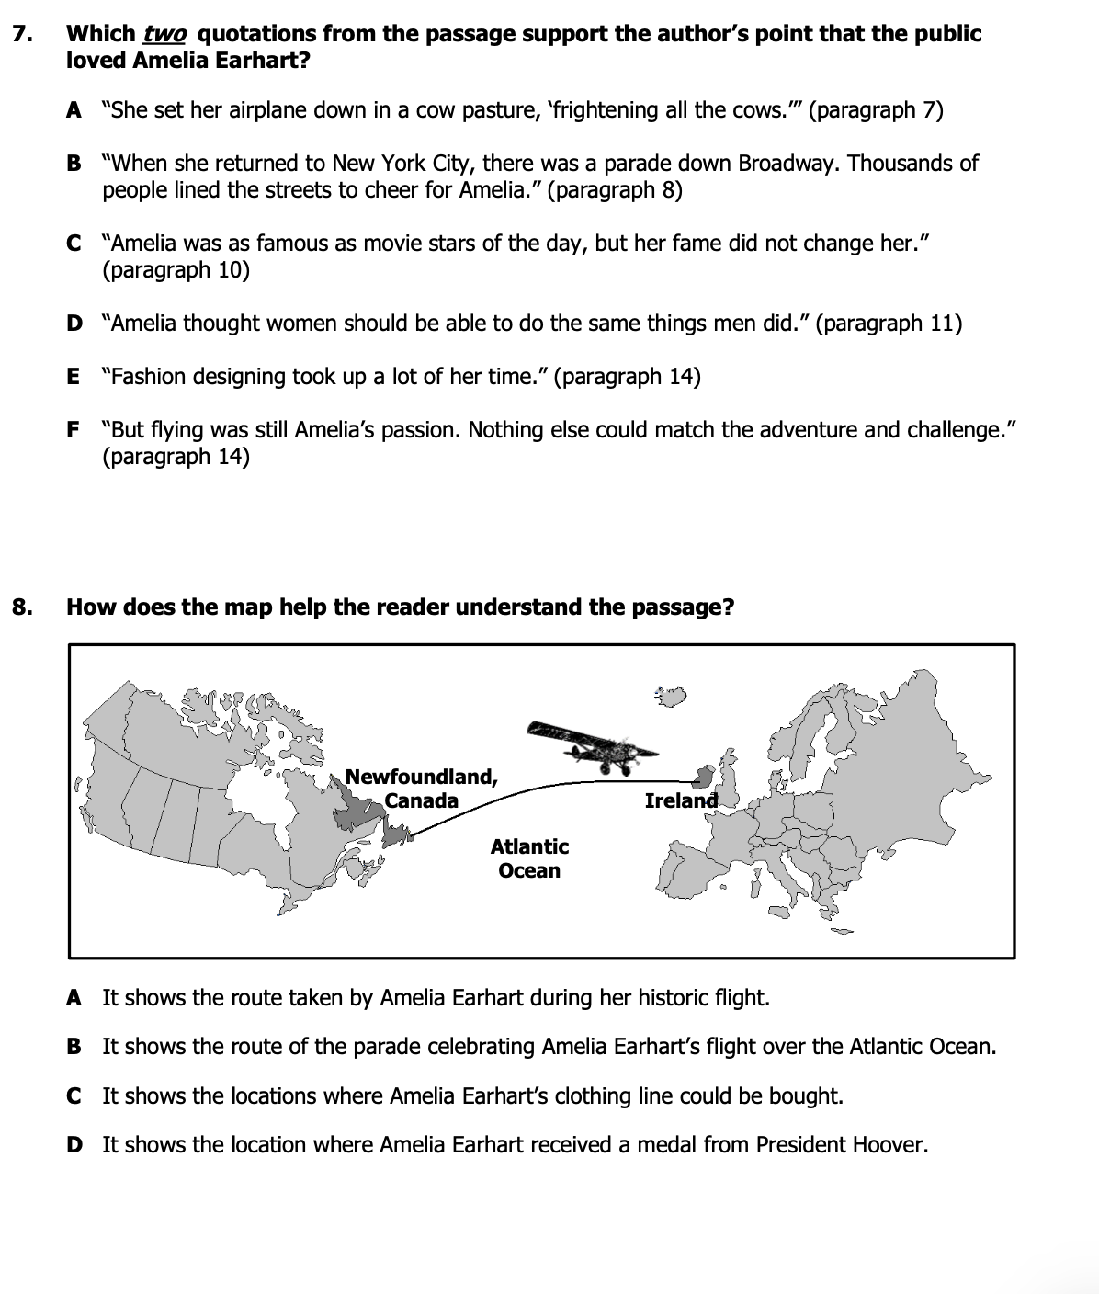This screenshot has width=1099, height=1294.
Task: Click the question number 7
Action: [x=23, y=35]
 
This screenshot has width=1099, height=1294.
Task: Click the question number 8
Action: [x=23, y=607]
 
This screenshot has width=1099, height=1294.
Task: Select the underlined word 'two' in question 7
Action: [x=165, y=35]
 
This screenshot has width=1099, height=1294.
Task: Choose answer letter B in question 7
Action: [x=74, y=164]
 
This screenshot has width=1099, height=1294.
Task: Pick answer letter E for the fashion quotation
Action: [x=73, y=377]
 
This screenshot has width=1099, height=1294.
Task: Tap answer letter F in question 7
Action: [x=73, y=430]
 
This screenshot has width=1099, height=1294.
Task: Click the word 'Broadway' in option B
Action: [x=789, y=164]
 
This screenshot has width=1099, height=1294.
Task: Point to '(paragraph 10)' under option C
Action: [x=176, y=271]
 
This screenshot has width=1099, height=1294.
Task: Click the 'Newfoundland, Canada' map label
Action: [x=422, y=789]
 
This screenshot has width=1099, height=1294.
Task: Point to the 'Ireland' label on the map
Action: [x=681, y=800]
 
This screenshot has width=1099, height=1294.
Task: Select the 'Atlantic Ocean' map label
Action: [x=529, y=858]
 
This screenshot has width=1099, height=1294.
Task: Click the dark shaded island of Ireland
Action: [x=704, y=778]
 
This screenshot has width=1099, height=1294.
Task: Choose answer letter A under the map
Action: [x=74, y=998]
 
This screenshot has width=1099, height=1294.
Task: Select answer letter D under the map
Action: [x=74, y=1145]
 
